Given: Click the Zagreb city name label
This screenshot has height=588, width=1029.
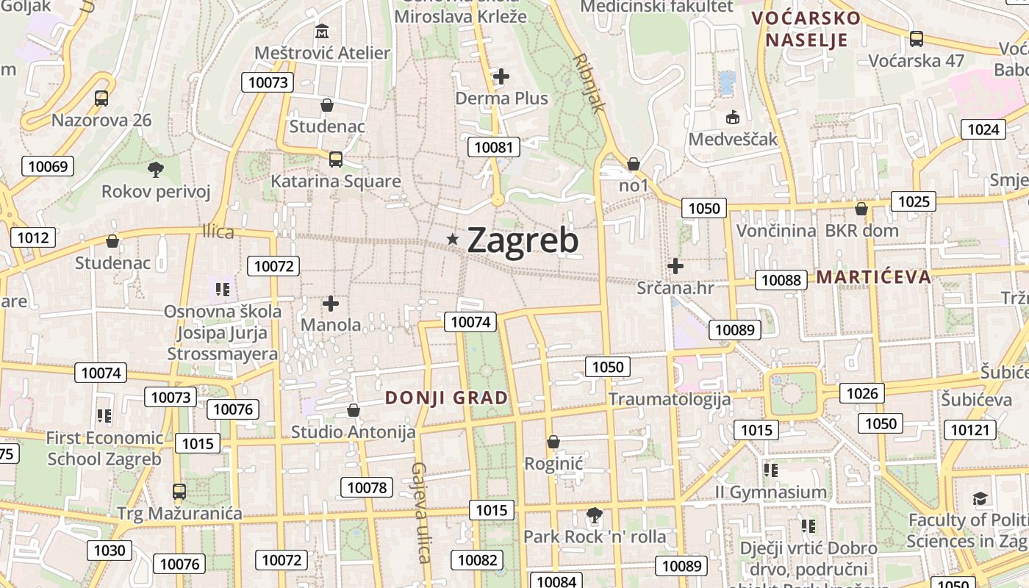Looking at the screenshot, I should point(523,240).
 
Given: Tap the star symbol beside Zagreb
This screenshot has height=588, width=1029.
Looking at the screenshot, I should point(453,239).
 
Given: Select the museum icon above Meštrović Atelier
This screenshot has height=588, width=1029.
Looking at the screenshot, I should point(322,32).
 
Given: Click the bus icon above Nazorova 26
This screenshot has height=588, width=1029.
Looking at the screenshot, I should point(101,98).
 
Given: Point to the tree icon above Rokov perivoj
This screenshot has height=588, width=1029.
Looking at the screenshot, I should point(155,170).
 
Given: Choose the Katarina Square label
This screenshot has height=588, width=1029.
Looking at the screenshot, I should point(336,181).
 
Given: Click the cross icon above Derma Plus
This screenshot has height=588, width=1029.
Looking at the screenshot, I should point(501,76).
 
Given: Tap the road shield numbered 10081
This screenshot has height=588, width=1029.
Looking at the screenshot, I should point(494,147).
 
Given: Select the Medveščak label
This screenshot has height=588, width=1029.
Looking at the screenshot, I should point(733,139).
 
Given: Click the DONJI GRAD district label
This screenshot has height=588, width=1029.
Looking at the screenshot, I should point(447,398).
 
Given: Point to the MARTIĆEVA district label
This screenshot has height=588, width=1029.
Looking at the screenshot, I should point(874,277).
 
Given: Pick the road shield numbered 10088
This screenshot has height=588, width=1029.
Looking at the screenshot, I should point(781,279).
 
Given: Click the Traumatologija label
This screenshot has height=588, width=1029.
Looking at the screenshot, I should point(670,399).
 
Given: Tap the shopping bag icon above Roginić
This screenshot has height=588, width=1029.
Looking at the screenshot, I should point(553,442).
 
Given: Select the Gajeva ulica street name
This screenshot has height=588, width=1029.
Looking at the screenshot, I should point(420,512).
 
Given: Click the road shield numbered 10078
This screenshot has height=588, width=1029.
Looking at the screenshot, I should point(367,487).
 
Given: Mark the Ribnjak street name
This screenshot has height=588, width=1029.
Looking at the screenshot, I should point(589,82).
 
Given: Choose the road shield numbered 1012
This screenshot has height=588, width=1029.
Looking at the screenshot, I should point(33,237).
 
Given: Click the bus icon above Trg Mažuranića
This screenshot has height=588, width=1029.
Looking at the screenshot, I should point(179,491).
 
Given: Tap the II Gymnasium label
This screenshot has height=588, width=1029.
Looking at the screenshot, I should point(771,492).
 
